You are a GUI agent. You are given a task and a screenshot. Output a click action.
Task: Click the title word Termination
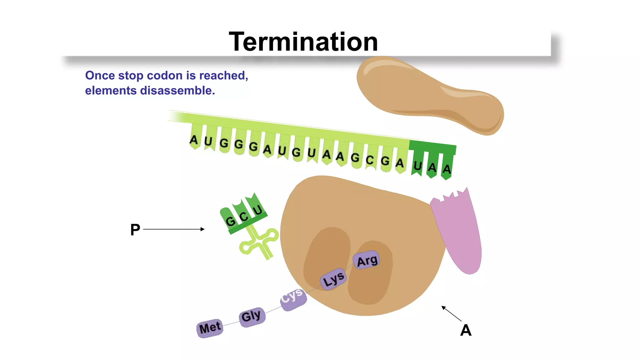pos(303,42)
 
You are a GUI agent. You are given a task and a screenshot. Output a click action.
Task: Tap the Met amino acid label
pos(210,328)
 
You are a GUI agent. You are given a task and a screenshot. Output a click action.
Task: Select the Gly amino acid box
pos(251,316)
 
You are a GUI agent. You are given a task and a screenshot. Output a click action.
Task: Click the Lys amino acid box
pos(333,279)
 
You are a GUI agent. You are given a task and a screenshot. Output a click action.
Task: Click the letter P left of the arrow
pos(135,230)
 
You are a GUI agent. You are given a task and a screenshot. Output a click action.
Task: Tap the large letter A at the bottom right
pos(466,330)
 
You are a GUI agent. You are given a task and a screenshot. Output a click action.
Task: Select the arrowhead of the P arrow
pos(202,229)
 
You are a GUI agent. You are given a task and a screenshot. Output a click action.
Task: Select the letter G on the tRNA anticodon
pos(231,221)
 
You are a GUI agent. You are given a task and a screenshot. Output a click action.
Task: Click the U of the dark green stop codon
pos(417,166)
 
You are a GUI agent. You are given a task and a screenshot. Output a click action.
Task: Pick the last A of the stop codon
pos(447,169)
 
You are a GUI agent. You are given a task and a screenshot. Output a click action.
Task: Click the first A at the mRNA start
pos(194,140)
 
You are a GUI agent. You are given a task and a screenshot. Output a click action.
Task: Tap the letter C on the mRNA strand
pos(370,160)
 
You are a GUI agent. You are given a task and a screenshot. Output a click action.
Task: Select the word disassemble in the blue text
pos(177,91)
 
